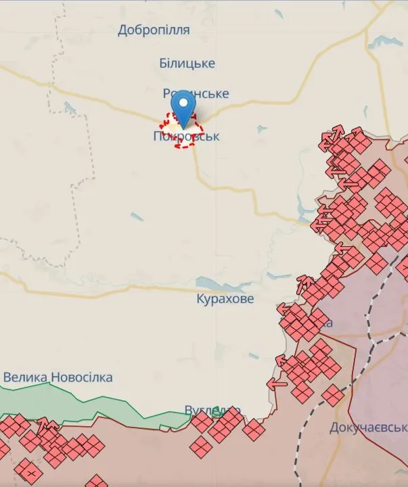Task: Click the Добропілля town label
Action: coord(154,30)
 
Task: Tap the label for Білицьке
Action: coord(187,63)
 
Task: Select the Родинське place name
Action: coord(196,93)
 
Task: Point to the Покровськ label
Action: coord(186,137)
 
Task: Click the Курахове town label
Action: coord(225,298)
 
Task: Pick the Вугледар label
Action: coord(203,411)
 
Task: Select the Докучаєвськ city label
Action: coord(369,427)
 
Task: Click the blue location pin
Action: coord(183,108)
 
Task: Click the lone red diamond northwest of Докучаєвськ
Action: coord(332,395)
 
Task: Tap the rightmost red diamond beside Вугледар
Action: coord(254,429)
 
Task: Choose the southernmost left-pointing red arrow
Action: coord(276,384)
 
